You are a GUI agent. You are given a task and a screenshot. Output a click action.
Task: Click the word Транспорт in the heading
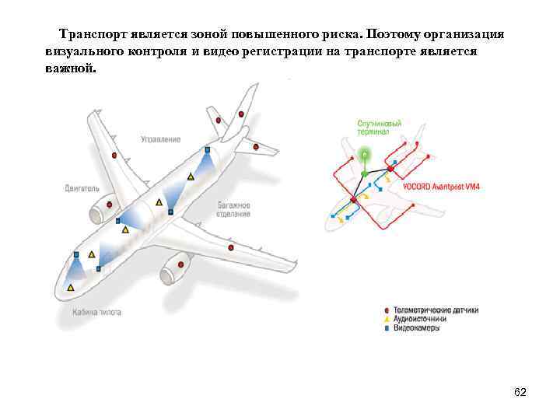point(91,36)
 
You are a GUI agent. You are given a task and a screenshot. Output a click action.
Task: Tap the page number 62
point(520,391)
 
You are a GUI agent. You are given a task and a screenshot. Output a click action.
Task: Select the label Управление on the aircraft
point(161,139)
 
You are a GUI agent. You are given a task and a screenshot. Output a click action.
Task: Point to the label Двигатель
point(82,188)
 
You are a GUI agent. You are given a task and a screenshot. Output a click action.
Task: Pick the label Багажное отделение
point(233,209)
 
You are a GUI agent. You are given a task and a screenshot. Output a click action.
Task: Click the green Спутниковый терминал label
point(380,128)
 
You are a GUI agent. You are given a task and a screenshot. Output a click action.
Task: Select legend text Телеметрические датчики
point(436,310)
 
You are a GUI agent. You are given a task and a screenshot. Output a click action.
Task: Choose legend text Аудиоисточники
point(420,319)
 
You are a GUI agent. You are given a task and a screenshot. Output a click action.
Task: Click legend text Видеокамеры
point(417,328)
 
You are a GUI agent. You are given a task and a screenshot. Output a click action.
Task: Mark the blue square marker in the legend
point(387,328)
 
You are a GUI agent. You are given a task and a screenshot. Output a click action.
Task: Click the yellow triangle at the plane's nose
point(71,288)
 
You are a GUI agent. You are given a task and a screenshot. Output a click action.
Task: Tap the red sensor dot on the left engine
point(109,205)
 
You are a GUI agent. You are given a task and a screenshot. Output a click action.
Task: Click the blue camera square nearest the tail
point(208,149)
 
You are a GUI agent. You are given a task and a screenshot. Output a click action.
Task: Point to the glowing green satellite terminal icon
point(364,155)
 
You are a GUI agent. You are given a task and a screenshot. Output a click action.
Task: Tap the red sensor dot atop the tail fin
point(242,114)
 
